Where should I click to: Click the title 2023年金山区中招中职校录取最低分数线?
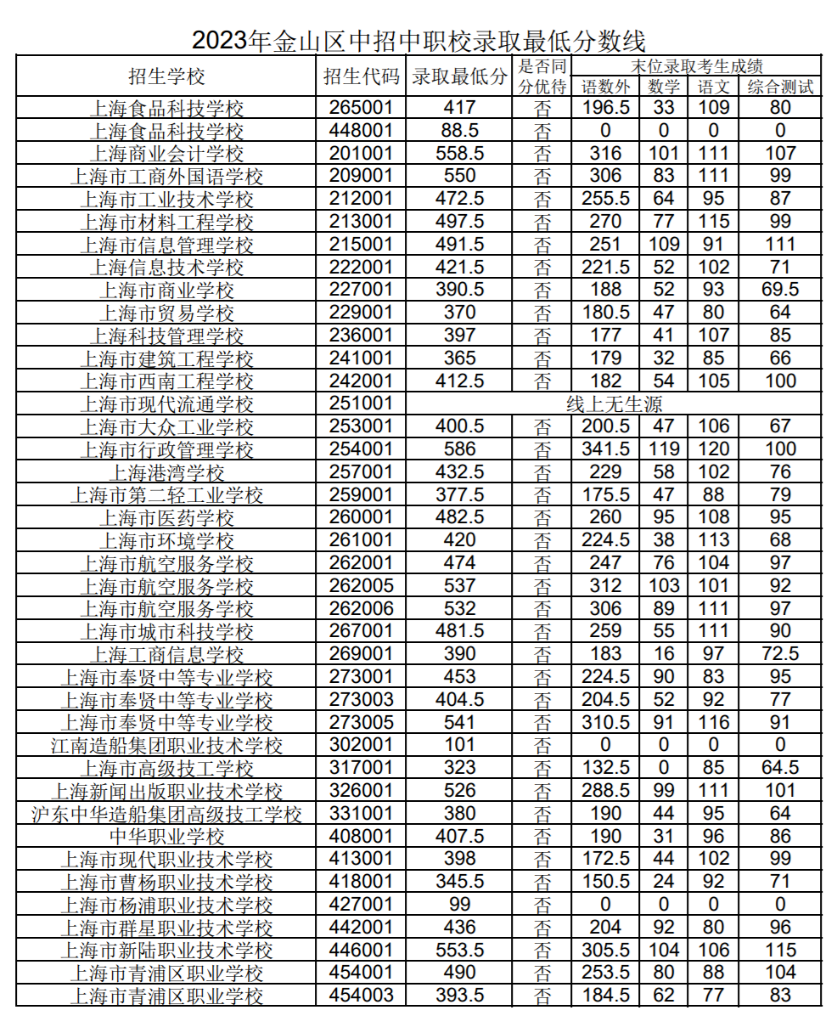(418, 40)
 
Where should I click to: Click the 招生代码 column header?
(361, 76)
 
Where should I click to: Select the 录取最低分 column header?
(459, 76)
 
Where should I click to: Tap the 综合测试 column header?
(780, 87)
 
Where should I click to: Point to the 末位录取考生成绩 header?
(698, 65)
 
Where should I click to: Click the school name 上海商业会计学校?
(166, 154)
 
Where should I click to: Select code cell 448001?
(361, 131)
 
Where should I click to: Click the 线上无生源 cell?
(614, 404)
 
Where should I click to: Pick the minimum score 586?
(459, 449)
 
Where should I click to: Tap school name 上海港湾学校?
(166, 472)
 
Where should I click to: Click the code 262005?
(361, 586)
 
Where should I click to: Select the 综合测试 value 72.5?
(780, 654)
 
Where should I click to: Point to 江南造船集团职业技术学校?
(166, 746)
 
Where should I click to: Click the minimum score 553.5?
(459, 951)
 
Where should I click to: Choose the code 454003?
(361, 996)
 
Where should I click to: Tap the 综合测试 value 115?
(780, 951)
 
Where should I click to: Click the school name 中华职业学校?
(166, 837)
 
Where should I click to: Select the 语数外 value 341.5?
(605, 449)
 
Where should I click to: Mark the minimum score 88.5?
(459, 131)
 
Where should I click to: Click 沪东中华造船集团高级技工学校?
(166, 814)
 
